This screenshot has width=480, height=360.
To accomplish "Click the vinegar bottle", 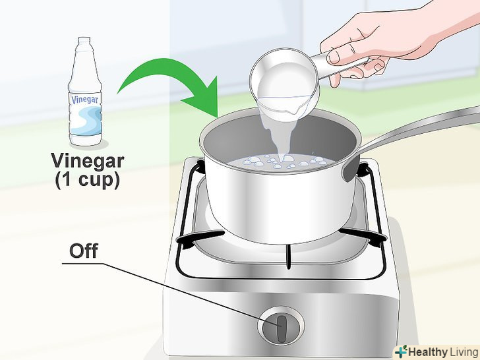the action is click(86, 91).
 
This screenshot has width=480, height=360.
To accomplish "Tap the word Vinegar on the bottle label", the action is click(85, 100).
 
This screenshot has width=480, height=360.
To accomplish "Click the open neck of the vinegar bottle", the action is click(84, 39).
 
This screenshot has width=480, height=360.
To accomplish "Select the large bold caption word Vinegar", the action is click(88, 162).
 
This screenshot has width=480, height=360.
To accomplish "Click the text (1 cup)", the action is click(87, 180).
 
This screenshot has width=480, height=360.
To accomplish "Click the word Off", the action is click(84, 251).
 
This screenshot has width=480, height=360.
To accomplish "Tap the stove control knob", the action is click(281, 326).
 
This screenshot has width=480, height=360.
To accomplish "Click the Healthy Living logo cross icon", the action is click(401, 352).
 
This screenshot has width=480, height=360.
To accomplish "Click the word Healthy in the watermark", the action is click(428, 352).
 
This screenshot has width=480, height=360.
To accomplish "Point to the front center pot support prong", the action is click(288, 257).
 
